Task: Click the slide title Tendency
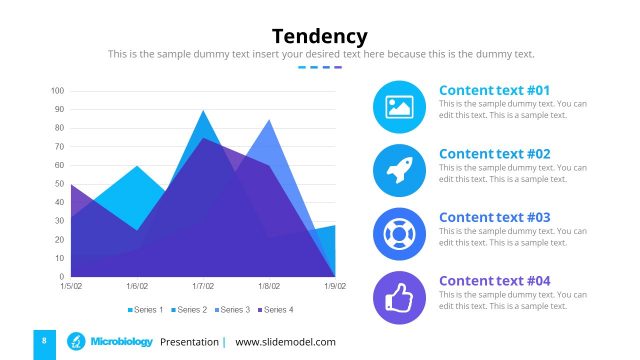[320, 36]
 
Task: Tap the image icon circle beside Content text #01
[399, 107]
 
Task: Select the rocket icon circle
[399, 170]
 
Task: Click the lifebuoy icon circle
[399, 234]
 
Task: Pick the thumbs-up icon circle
[399, 297]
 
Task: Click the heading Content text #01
[494, 90]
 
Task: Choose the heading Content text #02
[494, 154]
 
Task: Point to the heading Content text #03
[494, 217]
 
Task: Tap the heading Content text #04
[494, 281]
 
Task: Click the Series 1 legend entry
[145, 310]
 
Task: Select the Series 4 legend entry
[275, 310]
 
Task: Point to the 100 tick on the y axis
[58, 91]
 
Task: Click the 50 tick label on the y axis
[60, 184]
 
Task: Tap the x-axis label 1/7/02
[203, 286]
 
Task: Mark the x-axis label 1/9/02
[334, 286]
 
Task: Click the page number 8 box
[44, 342]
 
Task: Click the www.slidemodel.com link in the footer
[285, 342]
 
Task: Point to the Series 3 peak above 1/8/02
[268, 121]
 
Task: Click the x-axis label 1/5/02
[71, 286]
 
